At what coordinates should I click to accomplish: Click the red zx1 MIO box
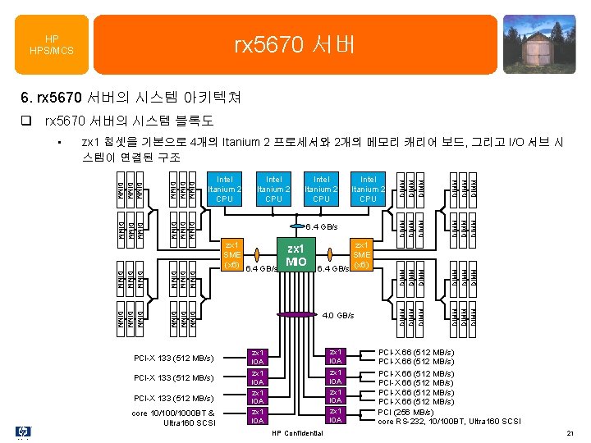point(295,255)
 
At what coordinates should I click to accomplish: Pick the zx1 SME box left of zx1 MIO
point(232,254)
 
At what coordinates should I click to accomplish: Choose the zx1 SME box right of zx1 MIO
point(362,254)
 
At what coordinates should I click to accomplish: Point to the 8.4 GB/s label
point(323,226)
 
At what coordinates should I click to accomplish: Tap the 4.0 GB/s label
point(338,315)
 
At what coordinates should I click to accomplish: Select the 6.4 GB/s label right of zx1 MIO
point(333,268)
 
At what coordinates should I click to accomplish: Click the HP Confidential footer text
point(296,432)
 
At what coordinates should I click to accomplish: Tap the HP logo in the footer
point(22,432)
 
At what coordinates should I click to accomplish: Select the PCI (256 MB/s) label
point(406,413)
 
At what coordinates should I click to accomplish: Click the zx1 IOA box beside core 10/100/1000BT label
point(258,417)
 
